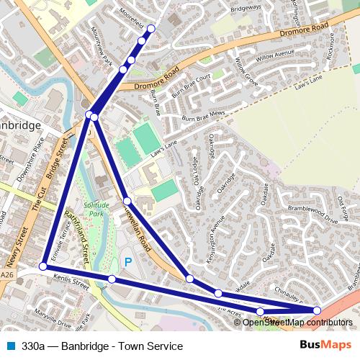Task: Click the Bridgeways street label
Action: [x=246, y=12]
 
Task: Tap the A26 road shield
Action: [x=7, y=274]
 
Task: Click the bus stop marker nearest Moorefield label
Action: [x=150, y=29]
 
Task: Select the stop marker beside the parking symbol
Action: [x=112, y=279]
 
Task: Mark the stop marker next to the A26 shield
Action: [x=43, y=266]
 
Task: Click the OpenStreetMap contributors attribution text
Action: [x=297, y=322]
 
